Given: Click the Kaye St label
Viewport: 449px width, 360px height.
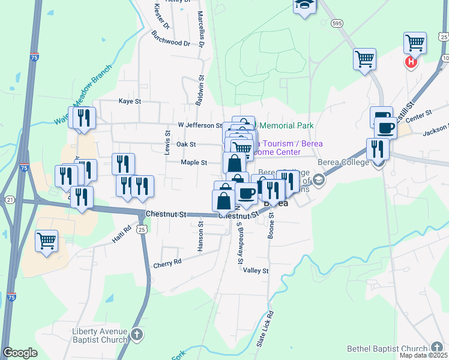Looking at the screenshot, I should (129, 101).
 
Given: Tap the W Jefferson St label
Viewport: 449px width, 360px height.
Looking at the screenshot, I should (200, 125).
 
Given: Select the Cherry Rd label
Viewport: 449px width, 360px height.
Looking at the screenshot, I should (167, 263).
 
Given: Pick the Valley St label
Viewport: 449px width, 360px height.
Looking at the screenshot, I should (256, 271).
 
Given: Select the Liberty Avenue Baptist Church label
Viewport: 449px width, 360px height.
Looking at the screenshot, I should (100, 335).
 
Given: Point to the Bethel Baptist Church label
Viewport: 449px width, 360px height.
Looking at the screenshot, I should (387, 349).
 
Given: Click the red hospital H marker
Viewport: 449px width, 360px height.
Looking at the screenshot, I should (411, 62).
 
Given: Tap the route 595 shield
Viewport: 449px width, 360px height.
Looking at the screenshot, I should (337, 23).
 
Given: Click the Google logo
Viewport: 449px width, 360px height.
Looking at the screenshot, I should (20, 353).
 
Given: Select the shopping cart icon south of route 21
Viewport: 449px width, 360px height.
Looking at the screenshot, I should (46, 241).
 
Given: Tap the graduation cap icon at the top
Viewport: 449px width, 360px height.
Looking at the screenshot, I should (304, 4).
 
